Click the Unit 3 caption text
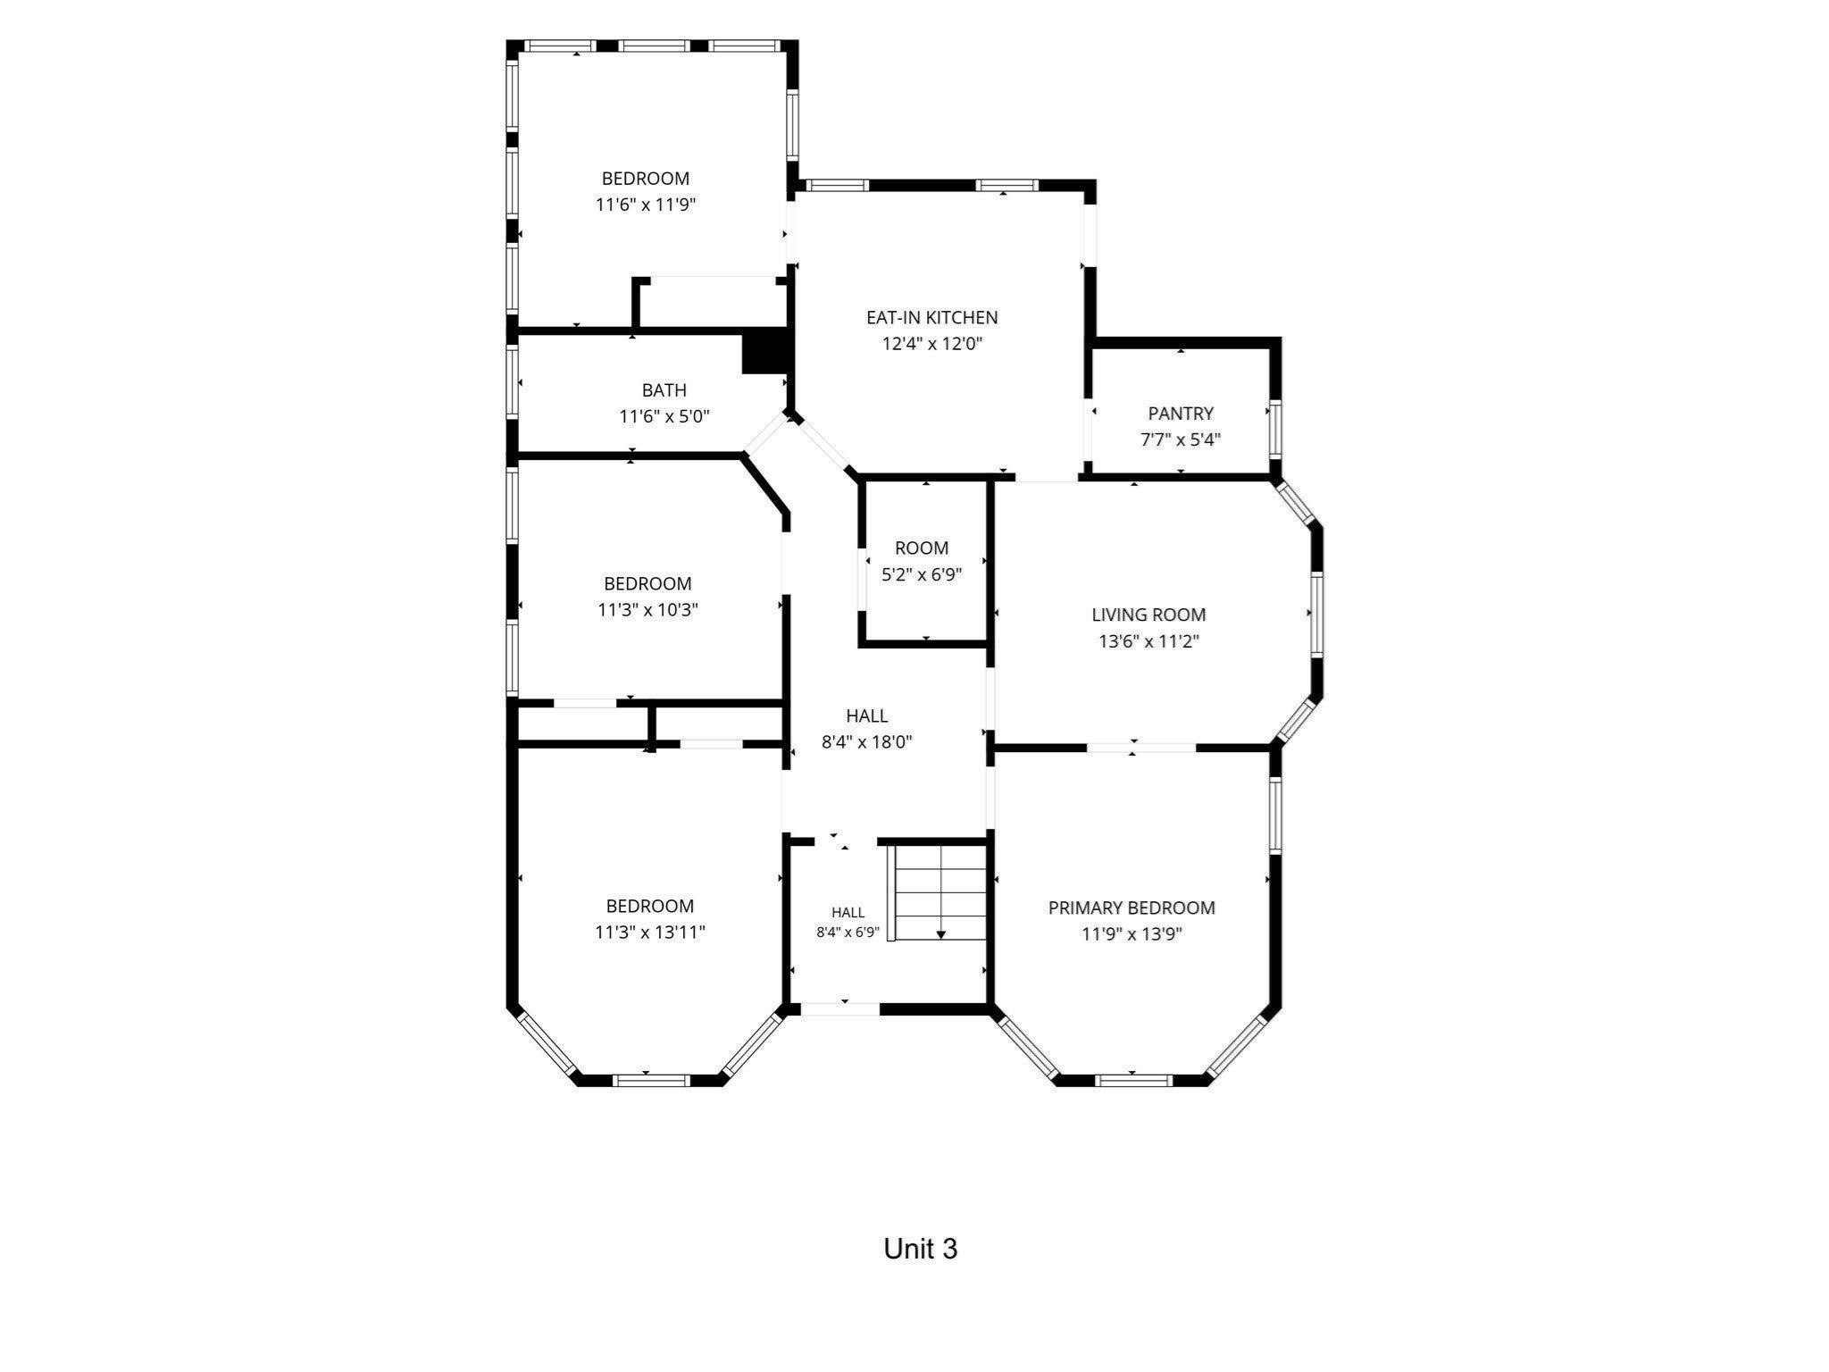(x=920, y=1249)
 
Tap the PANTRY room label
(x=1181, y=414)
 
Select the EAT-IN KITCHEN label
(x=931, y=317)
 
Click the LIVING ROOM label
(x=1148, y=615)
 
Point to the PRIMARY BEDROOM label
(x=1132, y=908)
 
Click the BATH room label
(x=664, y=390)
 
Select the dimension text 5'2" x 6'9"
(x=922, y=574)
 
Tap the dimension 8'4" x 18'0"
(x=866, y=741)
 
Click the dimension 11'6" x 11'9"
(x=646, y=205)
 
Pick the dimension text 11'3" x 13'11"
(x=650, y=933)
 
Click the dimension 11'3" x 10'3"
(x=647, y=610)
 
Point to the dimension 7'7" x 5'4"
(x=1181, y=439)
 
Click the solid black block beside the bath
(x=764, y=353)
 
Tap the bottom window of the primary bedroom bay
(x=1132, y=1080)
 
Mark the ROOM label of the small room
(x=922, y=548)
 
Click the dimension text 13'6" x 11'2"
(x=1148, y=641)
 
